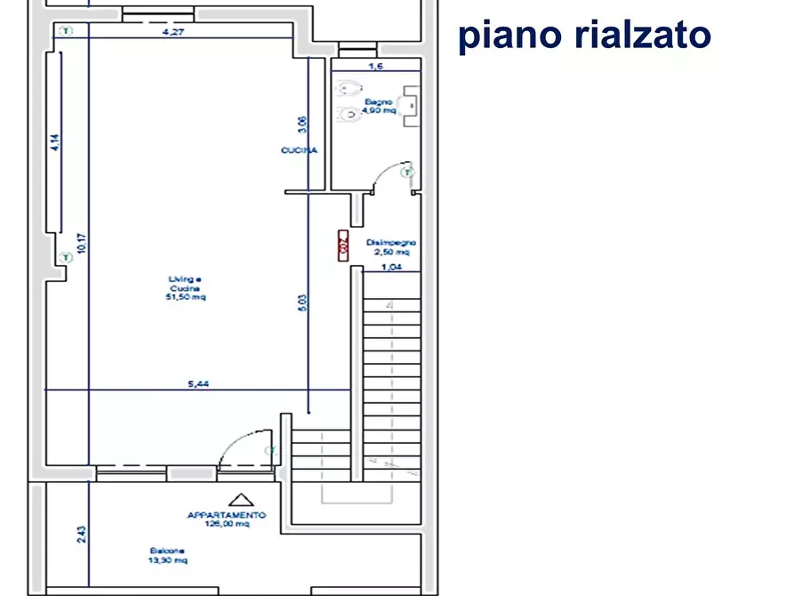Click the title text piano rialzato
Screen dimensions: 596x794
click(x=584, y=36)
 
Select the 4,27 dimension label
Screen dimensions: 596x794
click(x=173, y=33)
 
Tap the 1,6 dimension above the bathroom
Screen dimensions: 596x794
click(x=375, y=66)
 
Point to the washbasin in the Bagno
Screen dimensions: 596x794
click(x=411, y=102)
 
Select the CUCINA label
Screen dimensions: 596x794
click(x=299, y=151)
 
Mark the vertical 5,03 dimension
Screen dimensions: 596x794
click(x=301, y=302)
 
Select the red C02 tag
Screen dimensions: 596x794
click(x=342, y=246)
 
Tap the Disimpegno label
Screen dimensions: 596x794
click(x=391, y=242)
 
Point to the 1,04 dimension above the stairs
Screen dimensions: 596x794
click(x=390, y=266)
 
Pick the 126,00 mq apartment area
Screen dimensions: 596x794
click(x=226, y=525)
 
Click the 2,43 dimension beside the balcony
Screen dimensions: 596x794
click(x=81, y=535)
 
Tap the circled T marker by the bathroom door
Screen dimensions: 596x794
click(x=407, y=171)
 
